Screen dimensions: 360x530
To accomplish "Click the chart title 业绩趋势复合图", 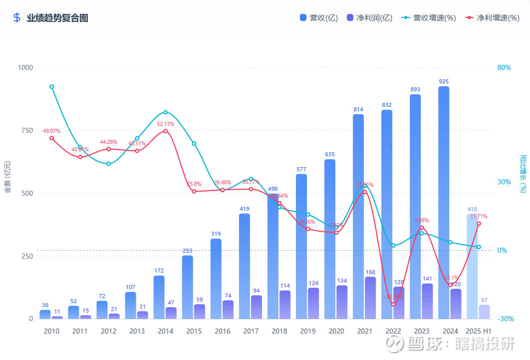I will click(57, 18).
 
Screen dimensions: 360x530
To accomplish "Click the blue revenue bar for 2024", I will click(444, 200).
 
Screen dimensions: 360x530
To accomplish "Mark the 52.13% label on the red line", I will click(165, 124).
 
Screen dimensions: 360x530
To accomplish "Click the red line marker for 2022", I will click(393, 304).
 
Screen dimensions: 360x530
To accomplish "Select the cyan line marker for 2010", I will click(52, 87).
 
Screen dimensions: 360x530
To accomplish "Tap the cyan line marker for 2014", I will click(166, 112).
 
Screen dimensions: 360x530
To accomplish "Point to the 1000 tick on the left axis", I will click(25, 67).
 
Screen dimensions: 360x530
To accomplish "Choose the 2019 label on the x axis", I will click(307, 331).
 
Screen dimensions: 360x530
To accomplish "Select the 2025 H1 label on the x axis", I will click(478, 331).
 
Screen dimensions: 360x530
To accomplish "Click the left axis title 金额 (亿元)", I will click(7, 177).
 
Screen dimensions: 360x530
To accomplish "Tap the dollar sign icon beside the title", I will click(17, 18).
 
